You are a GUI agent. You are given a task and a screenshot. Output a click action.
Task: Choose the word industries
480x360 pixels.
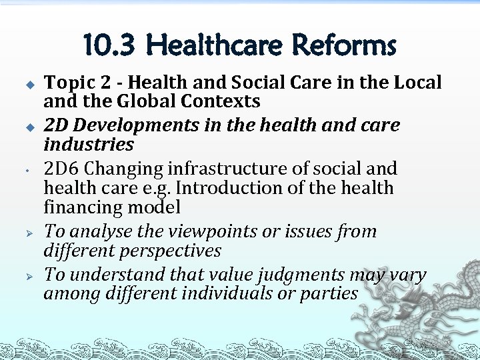click(x=89, y=144)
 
